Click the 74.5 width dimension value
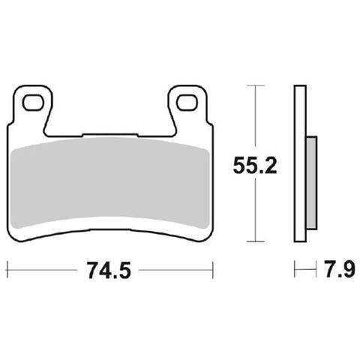[109, 270]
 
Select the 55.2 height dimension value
[255, 166]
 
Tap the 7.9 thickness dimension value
[340, 269]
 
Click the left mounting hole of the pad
[33, 103]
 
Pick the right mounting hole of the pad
[187, 103]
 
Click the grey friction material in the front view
[110, 183]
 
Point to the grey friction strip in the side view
[311, 183]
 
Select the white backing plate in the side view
[300, 163]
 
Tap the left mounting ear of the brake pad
[33, 106]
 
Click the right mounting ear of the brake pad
[187, 106]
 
